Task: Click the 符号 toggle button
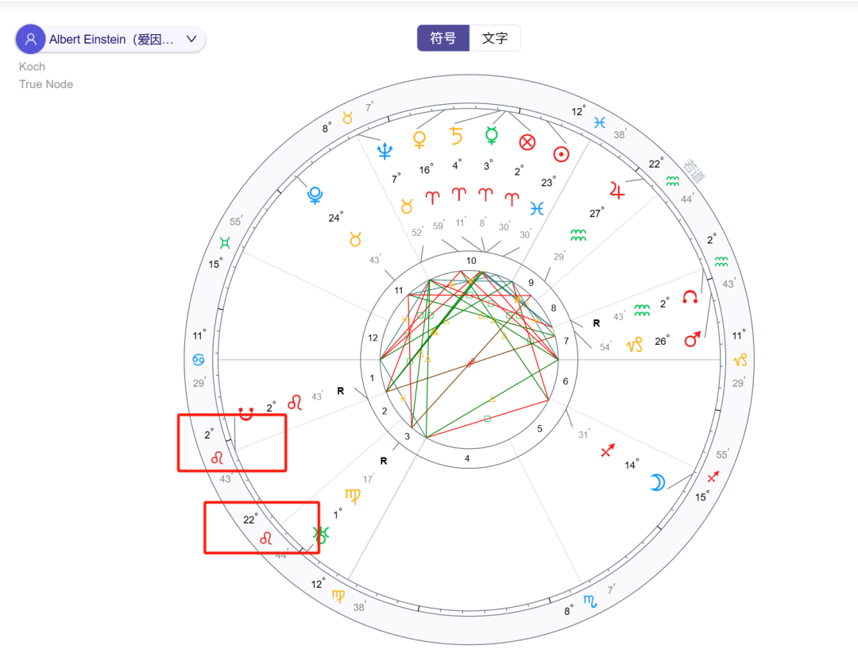click(x=443, y=38)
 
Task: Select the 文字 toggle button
click(x=495, y=38)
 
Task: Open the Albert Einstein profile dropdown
click(x=110, y=39)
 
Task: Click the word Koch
click(x=33, y=67)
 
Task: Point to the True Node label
click(x=46, y=84)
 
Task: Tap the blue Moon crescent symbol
click(x=658, y=481)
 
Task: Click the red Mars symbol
click(x=693, y=339)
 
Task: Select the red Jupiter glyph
click(x=617, y=190)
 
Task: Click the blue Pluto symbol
click(x=315, y=195)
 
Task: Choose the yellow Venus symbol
click(x=419, y=140)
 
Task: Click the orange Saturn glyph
click(x=456, y=136)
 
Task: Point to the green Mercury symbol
click(x=492, y=136)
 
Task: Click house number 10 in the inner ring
click(x=471, y=261)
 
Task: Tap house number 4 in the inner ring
click(x=467, y=458)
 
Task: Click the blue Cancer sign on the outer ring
click(x=199, y=360)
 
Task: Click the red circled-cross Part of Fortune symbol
click(x=527, y=142)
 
